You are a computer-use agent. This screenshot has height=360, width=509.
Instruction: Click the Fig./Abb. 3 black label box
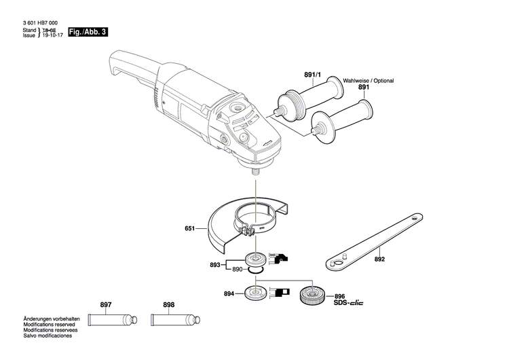coord(88,32)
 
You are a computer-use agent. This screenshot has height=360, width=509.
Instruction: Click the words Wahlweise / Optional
coord(368,80)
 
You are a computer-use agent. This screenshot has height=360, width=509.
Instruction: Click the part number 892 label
coord(379,259)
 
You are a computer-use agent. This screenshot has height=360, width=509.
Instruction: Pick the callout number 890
coord(238,270)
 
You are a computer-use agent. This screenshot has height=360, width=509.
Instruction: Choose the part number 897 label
coord(106,305)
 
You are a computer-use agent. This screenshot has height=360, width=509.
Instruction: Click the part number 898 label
coord(168,305)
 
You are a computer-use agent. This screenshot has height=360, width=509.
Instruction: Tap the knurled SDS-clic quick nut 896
coord(313,296)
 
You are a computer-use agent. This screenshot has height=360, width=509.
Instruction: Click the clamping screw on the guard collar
coord(248,231)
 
